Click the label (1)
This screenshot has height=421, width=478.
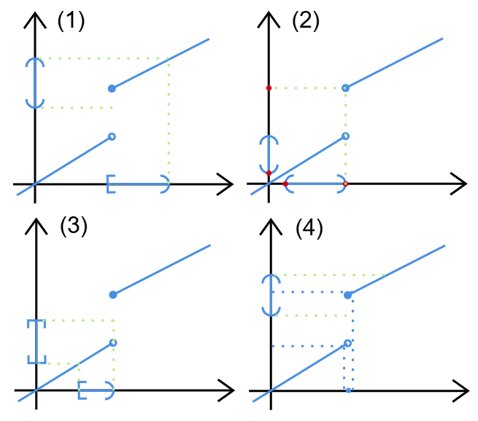[x=72, y=21]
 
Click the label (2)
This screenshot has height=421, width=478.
[x=306, y=21]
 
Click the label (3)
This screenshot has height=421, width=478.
[x=73, y=226]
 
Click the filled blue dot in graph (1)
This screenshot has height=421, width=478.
[x=112, y=88]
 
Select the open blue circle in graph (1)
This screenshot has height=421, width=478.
[x=112, y=136]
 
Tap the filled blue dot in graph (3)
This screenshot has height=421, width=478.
[x=112, y=295]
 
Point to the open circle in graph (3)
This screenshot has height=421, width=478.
[x=112, y=342]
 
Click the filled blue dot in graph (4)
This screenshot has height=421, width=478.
[x=348, y=295]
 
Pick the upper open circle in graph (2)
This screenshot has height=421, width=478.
[x=346, y=88]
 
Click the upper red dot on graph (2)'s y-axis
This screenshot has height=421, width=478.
[x=269, y=88]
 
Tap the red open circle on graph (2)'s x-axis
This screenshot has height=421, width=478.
[x=345, y=184]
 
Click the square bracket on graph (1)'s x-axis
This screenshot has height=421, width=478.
[x=110, y=184]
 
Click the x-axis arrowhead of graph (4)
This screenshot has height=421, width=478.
[x=462, y=391]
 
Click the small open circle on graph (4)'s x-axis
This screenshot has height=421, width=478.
[x=348, y=391]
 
